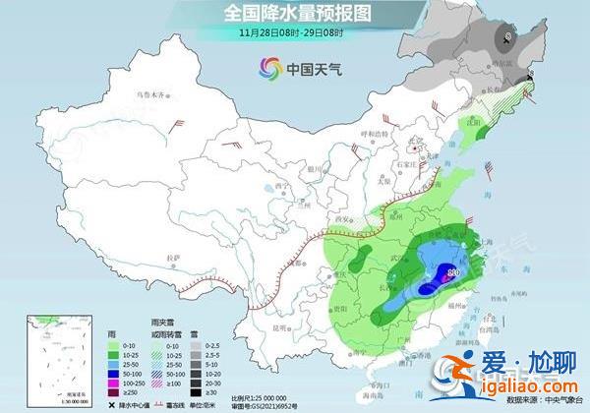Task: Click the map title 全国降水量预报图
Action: pyautogui.click(x=295, y=13)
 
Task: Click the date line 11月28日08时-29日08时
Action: pyautogui.click(x=295, y=31)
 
